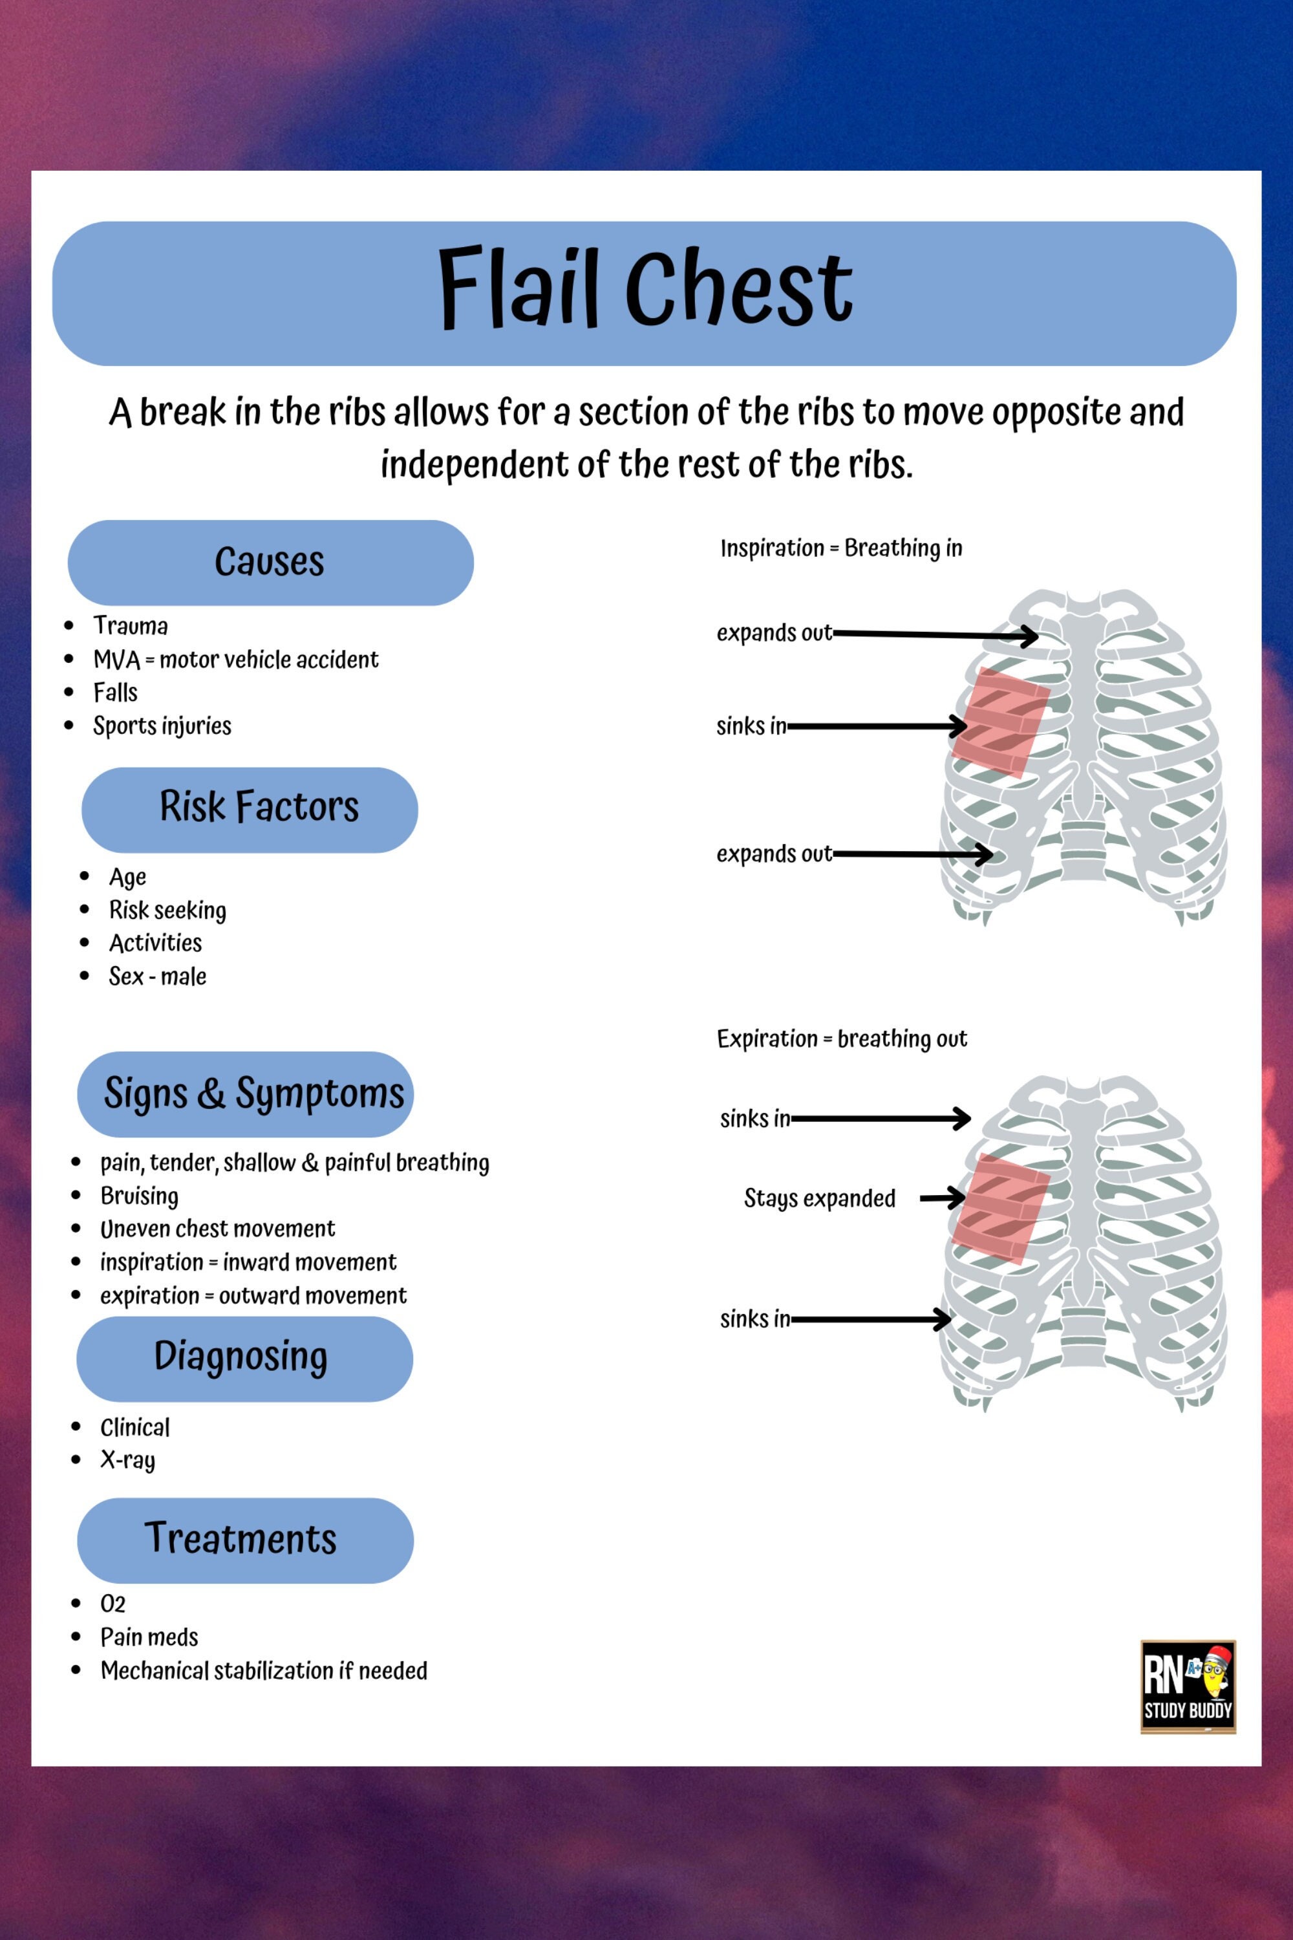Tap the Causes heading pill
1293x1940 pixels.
270,563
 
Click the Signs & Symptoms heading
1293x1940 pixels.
253,1094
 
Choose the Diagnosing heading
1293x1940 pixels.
240,1357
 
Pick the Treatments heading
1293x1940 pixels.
240,1539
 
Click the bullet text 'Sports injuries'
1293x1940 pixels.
162,726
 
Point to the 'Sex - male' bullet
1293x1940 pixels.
158,976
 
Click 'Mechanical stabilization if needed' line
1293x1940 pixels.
264,1671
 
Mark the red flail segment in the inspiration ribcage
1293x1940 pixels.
1000,722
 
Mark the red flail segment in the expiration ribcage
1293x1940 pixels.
1000,1209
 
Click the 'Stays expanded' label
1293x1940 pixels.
819,1198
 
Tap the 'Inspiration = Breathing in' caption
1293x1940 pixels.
841,548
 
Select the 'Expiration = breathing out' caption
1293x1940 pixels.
841,1039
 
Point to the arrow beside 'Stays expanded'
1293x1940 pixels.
943,1198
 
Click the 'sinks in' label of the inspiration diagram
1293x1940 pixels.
751,727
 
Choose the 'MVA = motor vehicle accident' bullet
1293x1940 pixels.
235,660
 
